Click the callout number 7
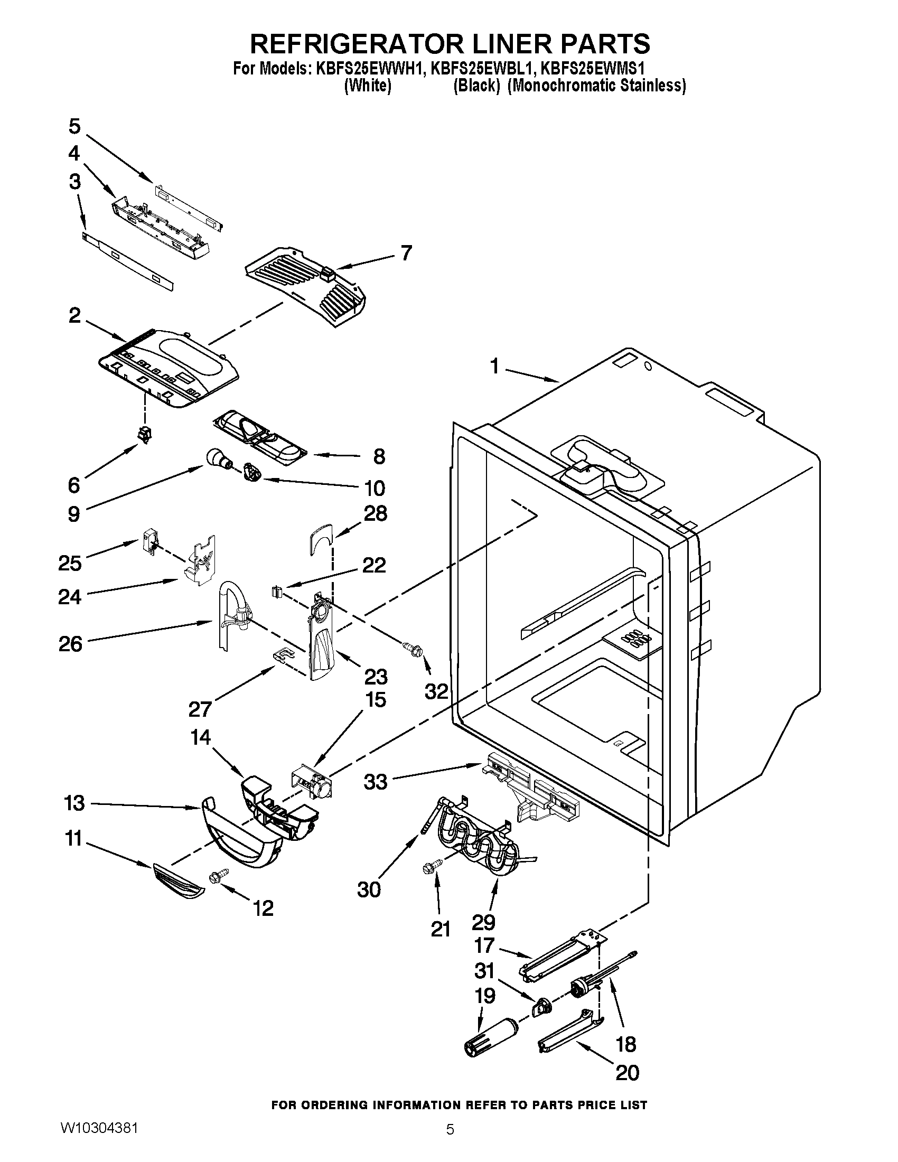point(406,253)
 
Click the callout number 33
point(376,782)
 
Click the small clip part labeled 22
point(277,591)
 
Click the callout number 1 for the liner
point(494,366)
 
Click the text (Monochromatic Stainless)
point(596,86)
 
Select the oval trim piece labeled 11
point(178,882)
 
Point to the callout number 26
point(71,644)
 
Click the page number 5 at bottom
point(450,1142)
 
